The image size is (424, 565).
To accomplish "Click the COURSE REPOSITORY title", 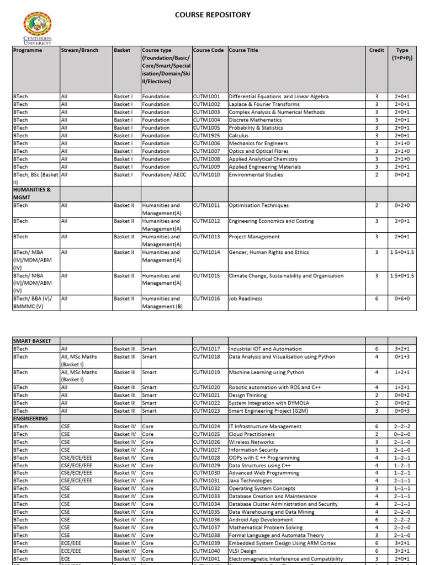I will tap(213, 15).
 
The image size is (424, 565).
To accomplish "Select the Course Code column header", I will tap(209, 50).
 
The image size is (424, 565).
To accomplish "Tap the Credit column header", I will tap(377, 50).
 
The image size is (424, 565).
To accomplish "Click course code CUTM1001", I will tap(206, 97).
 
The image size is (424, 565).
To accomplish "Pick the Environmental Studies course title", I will tap(256, 175).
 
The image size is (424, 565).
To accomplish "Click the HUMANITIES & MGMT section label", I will tap(33, 193).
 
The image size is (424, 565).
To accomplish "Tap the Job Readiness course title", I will tap(246, 299).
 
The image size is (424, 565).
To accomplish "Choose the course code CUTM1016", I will tap(206, 299).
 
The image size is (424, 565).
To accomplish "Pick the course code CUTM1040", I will tap(206, 551).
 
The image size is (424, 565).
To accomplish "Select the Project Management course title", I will tap(255, 237).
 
